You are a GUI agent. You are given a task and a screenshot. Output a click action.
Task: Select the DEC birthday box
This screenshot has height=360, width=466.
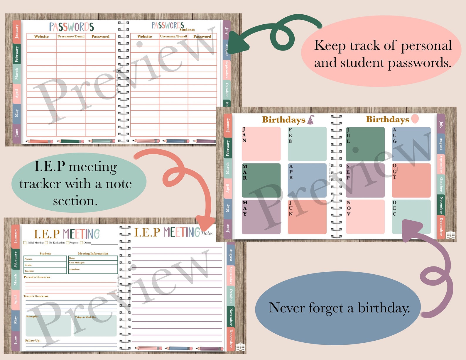pyautogui.click(x=411, y=217)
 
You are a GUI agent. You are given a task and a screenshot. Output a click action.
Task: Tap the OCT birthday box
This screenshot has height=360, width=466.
pyautogui.click(x=411, y=180)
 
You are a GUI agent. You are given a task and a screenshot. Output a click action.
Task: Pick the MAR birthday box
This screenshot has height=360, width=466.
pyautogui.click(x=261, y=180)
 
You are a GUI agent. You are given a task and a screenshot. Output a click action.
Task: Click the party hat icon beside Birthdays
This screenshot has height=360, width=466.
pyautogui.click(x=311, y=120)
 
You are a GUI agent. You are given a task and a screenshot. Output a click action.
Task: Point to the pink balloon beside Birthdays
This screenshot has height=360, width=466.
pyautogui.click(x=415, y=119)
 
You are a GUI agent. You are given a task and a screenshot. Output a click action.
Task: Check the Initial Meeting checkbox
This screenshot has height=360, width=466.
pyautogui.click(x=25, y=243)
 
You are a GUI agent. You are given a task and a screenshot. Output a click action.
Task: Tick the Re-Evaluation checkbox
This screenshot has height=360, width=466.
pyautogui.click(x=46, y=243)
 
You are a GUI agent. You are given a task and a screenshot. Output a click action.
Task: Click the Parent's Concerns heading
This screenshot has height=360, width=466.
pyautogui.click(x=37, y=277)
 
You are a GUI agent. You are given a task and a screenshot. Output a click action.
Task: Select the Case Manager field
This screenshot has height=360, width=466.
pyautogui.click(x=93, y=263)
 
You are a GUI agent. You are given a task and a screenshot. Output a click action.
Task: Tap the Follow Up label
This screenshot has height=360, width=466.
pyautogui.click(x=33, y=341)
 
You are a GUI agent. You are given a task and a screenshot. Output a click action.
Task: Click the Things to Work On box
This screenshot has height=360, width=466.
pyautogui.click(x=94, y=326)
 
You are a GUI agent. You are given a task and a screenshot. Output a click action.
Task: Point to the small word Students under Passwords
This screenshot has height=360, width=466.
pyautogui.click(x=187, y=30)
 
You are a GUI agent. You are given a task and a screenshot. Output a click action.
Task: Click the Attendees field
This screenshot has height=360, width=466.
pyautogui.click(x=93, y=269)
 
